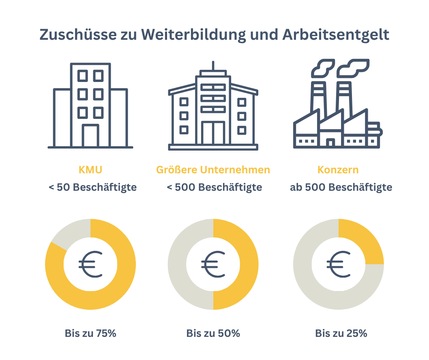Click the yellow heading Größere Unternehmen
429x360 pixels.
(213, 169)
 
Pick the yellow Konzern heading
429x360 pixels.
(339, 169)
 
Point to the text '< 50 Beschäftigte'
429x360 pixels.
(92, 188)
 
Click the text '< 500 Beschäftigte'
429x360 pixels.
(214, 188)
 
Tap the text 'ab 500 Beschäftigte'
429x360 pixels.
(341, 188)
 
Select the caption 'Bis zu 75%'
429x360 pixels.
(90, 334)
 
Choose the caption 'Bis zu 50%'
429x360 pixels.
(213, 334)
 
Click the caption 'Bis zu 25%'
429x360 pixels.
(341, 334)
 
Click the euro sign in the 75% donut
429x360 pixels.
(90, 264)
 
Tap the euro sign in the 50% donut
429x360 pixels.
(213, 264)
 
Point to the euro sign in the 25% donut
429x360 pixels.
(339, 264)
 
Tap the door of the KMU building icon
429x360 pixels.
(90, 136)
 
